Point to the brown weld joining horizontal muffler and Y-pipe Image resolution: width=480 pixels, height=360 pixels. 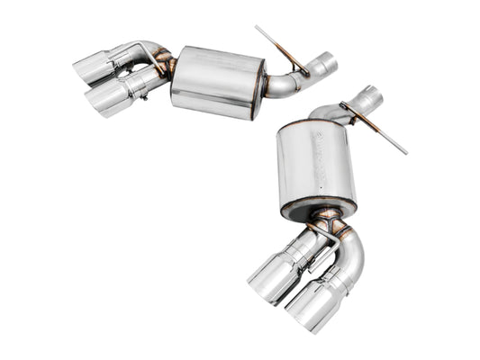tap(166, 68)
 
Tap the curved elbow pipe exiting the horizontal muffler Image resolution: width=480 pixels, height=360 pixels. tap(286, 83)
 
